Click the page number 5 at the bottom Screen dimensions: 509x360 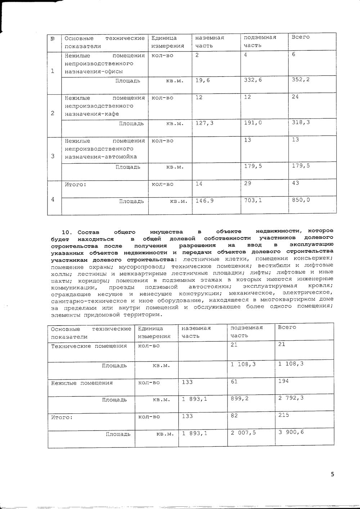click(332, 474)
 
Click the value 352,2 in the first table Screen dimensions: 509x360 click(300, 79)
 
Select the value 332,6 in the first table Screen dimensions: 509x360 click(253, 79)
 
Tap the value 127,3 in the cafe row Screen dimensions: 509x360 click(204, 123)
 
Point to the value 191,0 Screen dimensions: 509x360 click(253, 123)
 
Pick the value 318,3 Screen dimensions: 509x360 click(301, 123)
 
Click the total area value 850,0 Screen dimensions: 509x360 click(301, 200)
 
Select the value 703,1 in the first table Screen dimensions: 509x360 click(253, 200)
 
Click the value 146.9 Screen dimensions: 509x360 click(204, 200)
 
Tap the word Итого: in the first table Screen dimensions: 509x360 click(76, 184)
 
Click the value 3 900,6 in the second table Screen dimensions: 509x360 click(291, 432)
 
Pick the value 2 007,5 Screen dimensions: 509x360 click(243, 433)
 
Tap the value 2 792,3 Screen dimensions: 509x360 click(291, 398)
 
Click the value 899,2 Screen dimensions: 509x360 click(239, 399)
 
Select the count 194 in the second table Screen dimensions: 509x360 click(283, 381)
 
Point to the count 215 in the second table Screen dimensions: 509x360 click(283, 415)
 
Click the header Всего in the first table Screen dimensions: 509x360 click(300, 37)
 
